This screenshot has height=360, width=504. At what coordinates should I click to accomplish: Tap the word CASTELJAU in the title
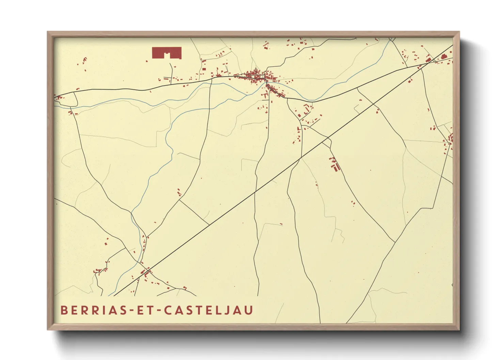point(208,310)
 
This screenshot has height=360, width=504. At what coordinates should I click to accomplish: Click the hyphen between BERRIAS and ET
point(130,311)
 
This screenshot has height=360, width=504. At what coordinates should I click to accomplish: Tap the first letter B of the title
point(63,310)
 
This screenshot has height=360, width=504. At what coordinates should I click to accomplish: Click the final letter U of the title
point(249,310)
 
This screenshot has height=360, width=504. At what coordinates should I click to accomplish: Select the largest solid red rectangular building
point(167,53)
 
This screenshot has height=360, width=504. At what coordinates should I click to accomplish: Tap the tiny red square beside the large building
point(147,61)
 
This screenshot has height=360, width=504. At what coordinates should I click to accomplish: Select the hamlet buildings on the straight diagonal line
point(146,272)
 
